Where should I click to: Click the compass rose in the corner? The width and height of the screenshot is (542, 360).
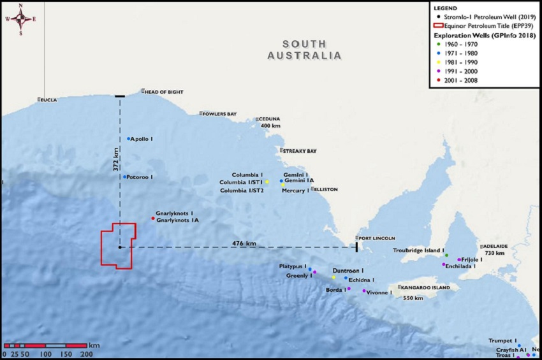tap(20, 19)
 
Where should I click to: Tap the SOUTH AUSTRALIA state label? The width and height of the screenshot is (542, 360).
tap(304, 50)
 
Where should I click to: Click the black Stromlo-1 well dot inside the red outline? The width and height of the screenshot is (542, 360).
tap(120, 247)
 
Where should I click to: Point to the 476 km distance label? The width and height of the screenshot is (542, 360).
tap(244, 243)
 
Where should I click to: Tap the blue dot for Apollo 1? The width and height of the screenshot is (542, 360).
tap(128, 139)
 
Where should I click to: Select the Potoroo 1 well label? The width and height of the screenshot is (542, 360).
tap(140, 177)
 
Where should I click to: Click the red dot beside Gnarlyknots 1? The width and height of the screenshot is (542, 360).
tap(152, 219)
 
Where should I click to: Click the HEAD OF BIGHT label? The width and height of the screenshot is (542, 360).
tap(160, 92)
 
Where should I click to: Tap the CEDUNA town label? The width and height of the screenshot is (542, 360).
tap(269, 119)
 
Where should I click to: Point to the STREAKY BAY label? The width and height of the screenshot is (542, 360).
tap(300, 151)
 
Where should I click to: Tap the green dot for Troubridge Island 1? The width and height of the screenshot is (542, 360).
tap(446, 256)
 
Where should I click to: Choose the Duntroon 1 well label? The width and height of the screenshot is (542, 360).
tap(348, 271)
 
